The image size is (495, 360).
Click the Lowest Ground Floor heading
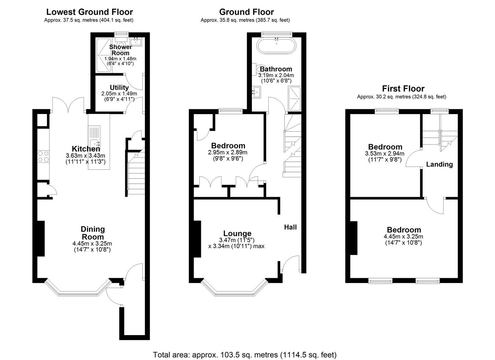89,12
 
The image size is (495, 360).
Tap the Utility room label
119,88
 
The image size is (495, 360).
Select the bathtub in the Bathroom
276,45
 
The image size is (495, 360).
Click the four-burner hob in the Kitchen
43,157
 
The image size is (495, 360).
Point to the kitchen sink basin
95,144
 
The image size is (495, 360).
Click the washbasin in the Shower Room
136,42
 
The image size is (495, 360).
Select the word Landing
439,164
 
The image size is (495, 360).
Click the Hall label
290,227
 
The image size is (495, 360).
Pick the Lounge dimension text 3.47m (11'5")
236,240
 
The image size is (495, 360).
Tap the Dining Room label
93,233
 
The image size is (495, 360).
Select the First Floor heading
403,89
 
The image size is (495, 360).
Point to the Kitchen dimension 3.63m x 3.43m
85,155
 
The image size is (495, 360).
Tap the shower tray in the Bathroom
294,99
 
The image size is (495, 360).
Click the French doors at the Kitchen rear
68,104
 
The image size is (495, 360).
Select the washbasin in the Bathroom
256,92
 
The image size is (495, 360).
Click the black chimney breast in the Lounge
197,239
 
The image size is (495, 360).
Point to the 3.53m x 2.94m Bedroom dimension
385,153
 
